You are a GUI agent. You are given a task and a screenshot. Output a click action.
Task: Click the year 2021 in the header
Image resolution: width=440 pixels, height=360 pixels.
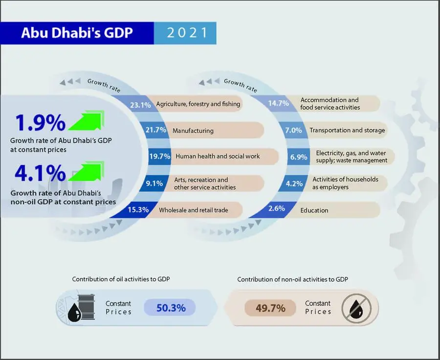click(185, 34)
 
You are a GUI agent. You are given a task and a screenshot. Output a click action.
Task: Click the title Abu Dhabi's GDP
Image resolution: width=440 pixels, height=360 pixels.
click(76, 34)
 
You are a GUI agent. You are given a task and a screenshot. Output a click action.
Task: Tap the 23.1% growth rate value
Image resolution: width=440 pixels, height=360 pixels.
click(140, 105)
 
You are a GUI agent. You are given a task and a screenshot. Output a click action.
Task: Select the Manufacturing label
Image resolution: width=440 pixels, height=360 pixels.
click(193, 130)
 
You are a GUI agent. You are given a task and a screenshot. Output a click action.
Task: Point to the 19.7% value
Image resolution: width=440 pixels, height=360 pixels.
click(160, 156)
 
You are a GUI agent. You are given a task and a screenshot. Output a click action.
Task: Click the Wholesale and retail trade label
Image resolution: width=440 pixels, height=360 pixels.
click(194, 211)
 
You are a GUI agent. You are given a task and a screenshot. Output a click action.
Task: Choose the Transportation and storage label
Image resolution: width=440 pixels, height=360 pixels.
click(347, 130)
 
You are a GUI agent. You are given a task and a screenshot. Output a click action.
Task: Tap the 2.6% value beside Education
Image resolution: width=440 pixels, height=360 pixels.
click(276, 209)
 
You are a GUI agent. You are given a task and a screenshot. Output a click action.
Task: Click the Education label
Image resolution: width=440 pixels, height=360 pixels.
click(314, 211)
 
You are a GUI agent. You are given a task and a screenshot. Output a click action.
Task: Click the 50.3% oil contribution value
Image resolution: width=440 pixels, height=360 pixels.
click(171, 308)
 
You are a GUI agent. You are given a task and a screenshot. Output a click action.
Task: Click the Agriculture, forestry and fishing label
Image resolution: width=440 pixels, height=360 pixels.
click(198, 104)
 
